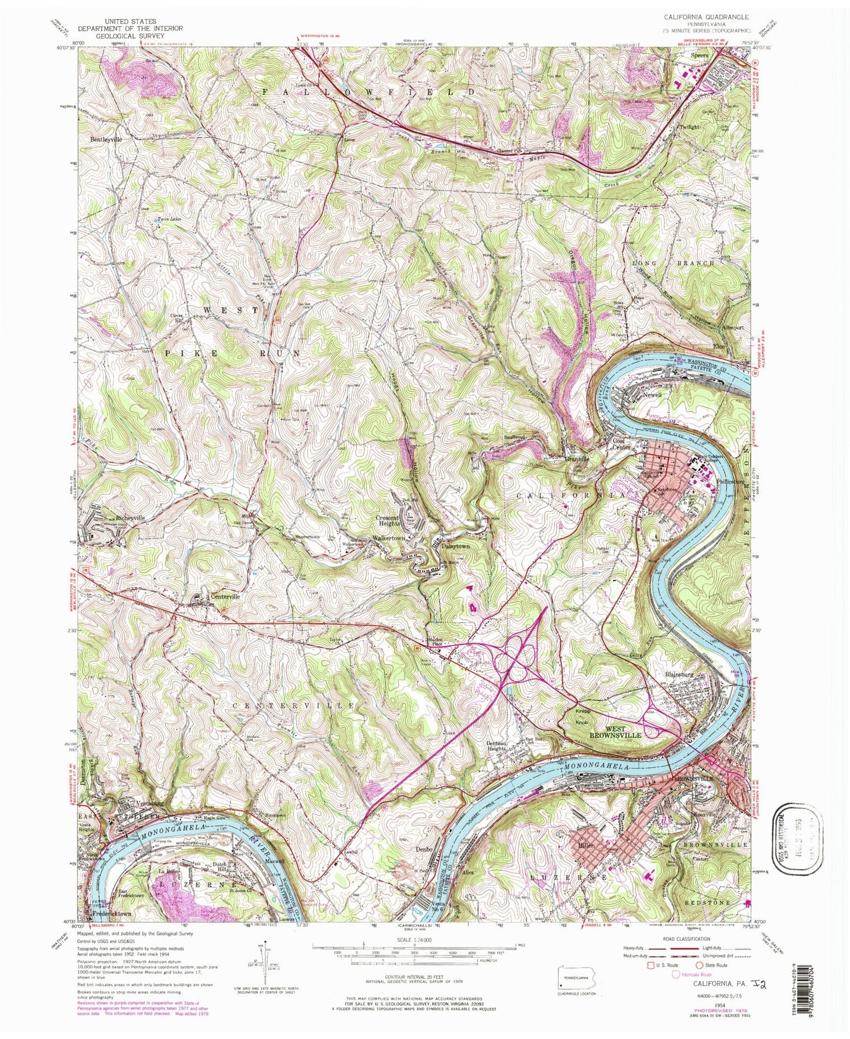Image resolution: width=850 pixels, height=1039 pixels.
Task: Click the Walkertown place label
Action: (x=391, y=538)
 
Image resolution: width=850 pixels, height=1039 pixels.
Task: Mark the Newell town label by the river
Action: (x=652, y=395)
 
